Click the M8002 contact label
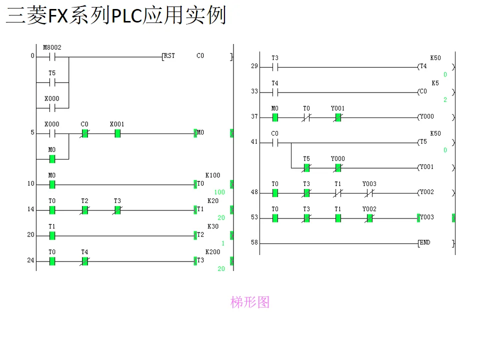pos(52,48)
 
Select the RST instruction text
pos(169,56)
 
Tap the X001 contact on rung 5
pos(117,133)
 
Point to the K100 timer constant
pos(212,175)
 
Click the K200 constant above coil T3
pos(212,252)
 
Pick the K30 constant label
pos(213,226)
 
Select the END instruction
pos(424,243)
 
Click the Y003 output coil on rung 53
pos(426,217)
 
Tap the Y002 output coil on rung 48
pos(426,192)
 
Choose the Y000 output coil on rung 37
pos(426,117)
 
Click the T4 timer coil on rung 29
pos(423,66)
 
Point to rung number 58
pos(254,242)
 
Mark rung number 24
pos(30,260)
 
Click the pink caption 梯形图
pos(250,302)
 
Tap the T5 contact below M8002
pos(52,82)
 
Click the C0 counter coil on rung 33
pos(423,92)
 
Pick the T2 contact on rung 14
pos(85,210)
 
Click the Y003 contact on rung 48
pos(369,192)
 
